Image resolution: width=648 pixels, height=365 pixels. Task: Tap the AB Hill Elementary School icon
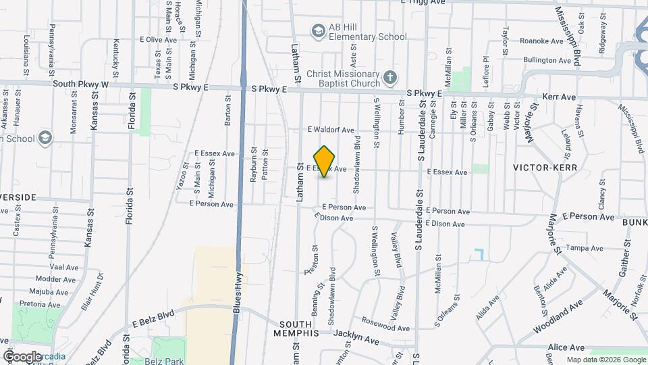318,30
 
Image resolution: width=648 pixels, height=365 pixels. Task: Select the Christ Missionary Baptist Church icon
389,78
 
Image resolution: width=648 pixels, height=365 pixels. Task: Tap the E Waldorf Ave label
331,130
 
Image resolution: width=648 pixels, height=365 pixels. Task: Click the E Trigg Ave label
423,3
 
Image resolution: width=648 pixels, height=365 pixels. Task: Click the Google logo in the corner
22,356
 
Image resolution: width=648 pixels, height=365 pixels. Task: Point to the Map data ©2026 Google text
605,360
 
